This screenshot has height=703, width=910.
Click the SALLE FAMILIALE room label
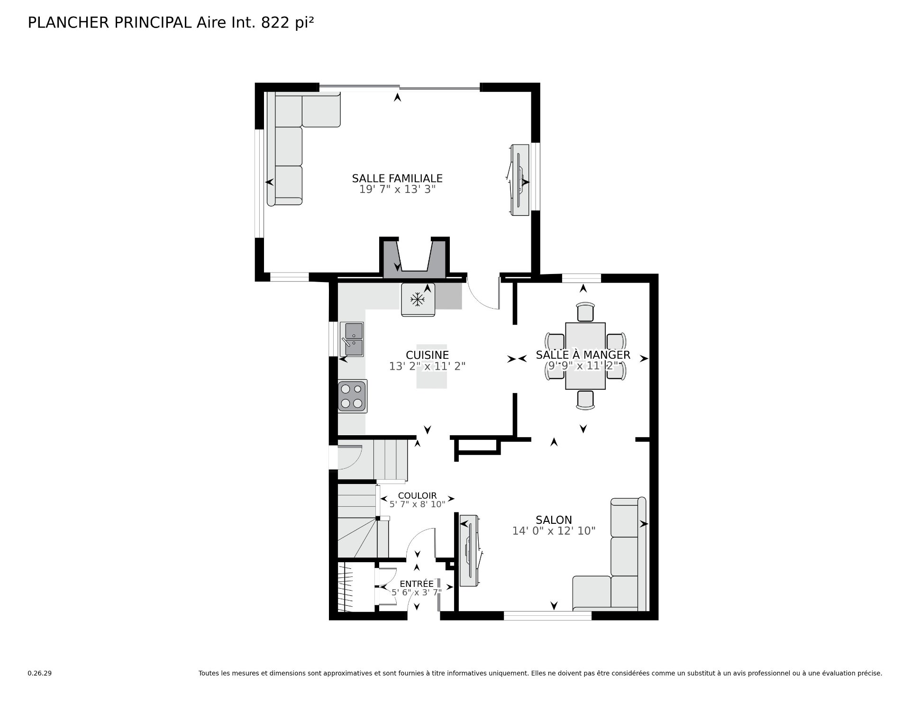[397, 178]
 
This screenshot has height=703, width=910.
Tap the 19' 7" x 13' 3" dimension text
[397, 190]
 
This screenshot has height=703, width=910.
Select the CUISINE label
[427, 355]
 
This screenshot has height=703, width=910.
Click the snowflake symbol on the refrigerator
[417, 299]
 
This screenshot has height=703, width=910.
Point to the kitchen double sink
[352, 339]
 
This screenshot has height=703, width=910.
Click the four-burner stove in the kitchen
[352, 396]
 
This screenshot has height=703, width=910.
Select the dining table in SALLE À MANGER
[585, 356]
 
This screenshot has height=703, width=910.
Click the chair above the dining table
[585, 312]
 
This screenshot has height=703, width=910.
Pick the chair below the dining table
[585, 400]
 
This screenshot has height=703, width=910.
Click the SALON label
[554, 520]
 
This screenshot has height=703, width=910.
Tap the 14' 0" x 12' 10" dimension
[554, 531]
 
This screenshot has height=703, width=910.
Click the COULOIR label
[417, 496]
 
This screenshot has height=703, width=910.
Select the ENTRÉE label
[417, 584]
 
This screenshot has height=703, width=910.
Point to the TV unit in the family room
[519, 180]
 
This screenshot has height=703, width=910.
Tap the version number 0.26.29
[39, 673]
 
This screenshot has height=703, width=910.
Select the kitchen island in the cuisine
[431, 366]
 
